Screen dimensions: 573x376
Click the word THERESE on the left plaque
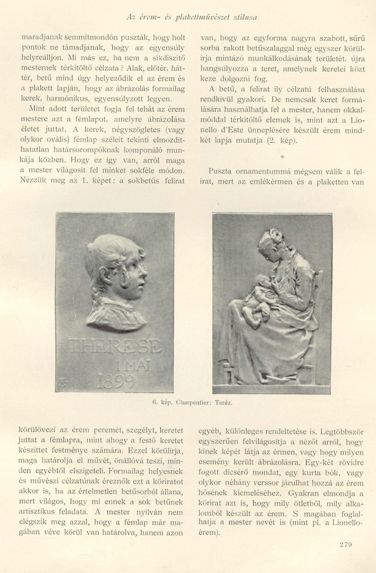pos(115,347)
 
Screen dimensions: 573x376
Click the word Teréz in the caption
pos(224,402)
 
